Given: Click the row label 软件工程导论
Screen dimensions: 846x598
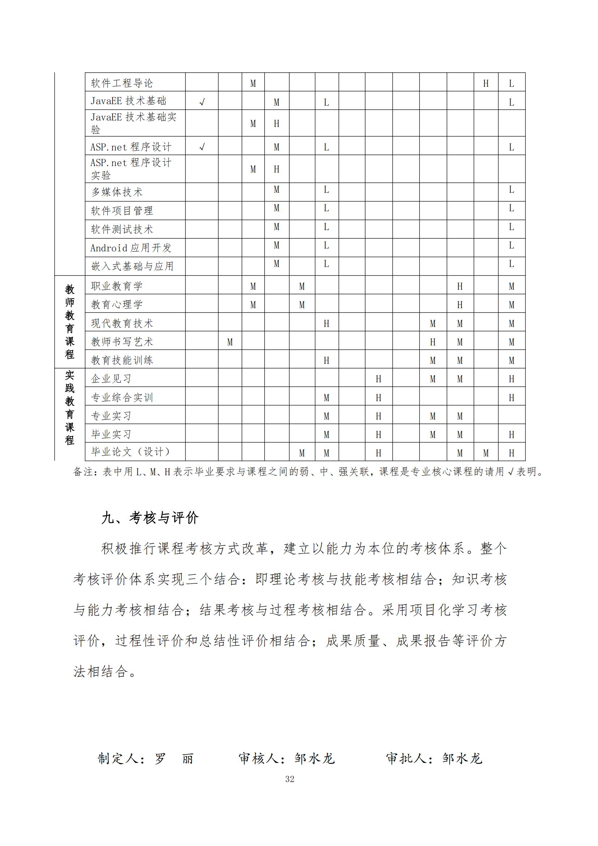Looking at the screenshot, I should pyautogui.click(x=121, y=83).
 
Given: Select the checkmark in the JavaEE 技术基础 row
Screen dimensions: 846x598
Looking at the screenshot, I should pyautogui.click(x=202, y=102).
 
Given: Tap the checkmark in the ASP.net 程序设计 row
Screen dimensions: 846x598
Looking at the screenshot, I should pyautogui.click(x=202, y=147).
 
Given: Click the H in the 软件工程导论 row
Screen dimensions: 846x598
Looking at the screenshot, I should pyautogui.click(x=486, y=84).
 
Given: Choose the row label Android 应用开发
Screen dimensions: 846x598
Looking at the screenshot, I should pyautogui.click(x=131, y=248).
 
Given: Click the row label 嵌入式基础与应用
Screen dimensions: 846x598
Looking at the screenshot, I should pyautogui.click(x=132, y=266).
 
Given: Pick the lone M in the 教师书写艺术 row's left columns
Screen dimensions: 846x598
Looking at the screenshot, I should pyautogui.click(x=230, y=342).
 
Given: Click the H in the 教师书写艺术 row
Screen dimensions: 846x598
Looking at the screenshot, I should pyautogui.click(x=433, y=342).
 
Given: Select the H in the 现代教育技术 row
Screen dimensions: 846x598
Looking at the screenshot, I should pyautogui.click(x=326, y=323).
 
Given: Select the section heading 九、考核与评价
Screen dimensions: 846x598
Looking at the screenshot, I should pyautogui.click(x=150, y=518).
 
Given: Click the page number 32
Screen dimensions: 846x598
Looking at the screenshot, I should pyautogui.click(x=290, y=779).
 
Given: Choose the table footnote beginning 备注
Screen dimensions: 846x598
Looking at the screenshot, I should pyautogui.click(x=308, y=472).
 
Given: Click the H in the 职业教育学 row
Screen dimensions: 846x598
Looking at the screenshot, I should pyautogui.click(x=460, y=286).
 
